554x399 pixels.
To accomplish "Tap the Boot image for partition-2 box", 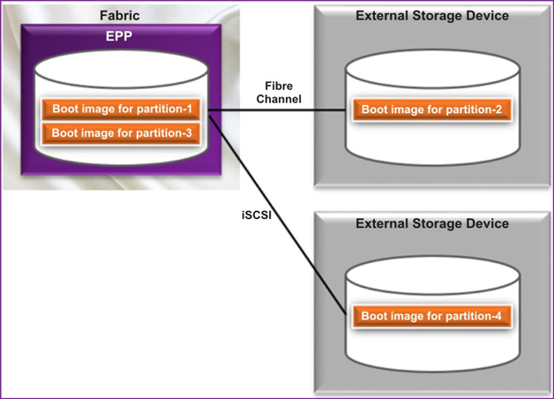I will click(x=432, y=109).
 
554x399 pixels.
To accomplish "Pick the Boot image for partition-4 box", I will click(x=432, y=315).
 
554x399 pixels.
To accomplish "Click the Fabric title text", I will click(x=119, y=16).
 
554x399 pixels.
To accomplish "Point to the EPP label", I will click(x=119, y=37).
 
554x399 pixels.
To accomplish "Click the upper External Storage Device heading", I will click(x=431, y=16).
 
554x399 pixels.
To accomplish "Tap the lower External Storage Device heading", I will click(x=431, y=223).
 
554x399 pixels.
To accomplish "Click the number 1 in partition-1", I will click(x=189, y=109).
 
